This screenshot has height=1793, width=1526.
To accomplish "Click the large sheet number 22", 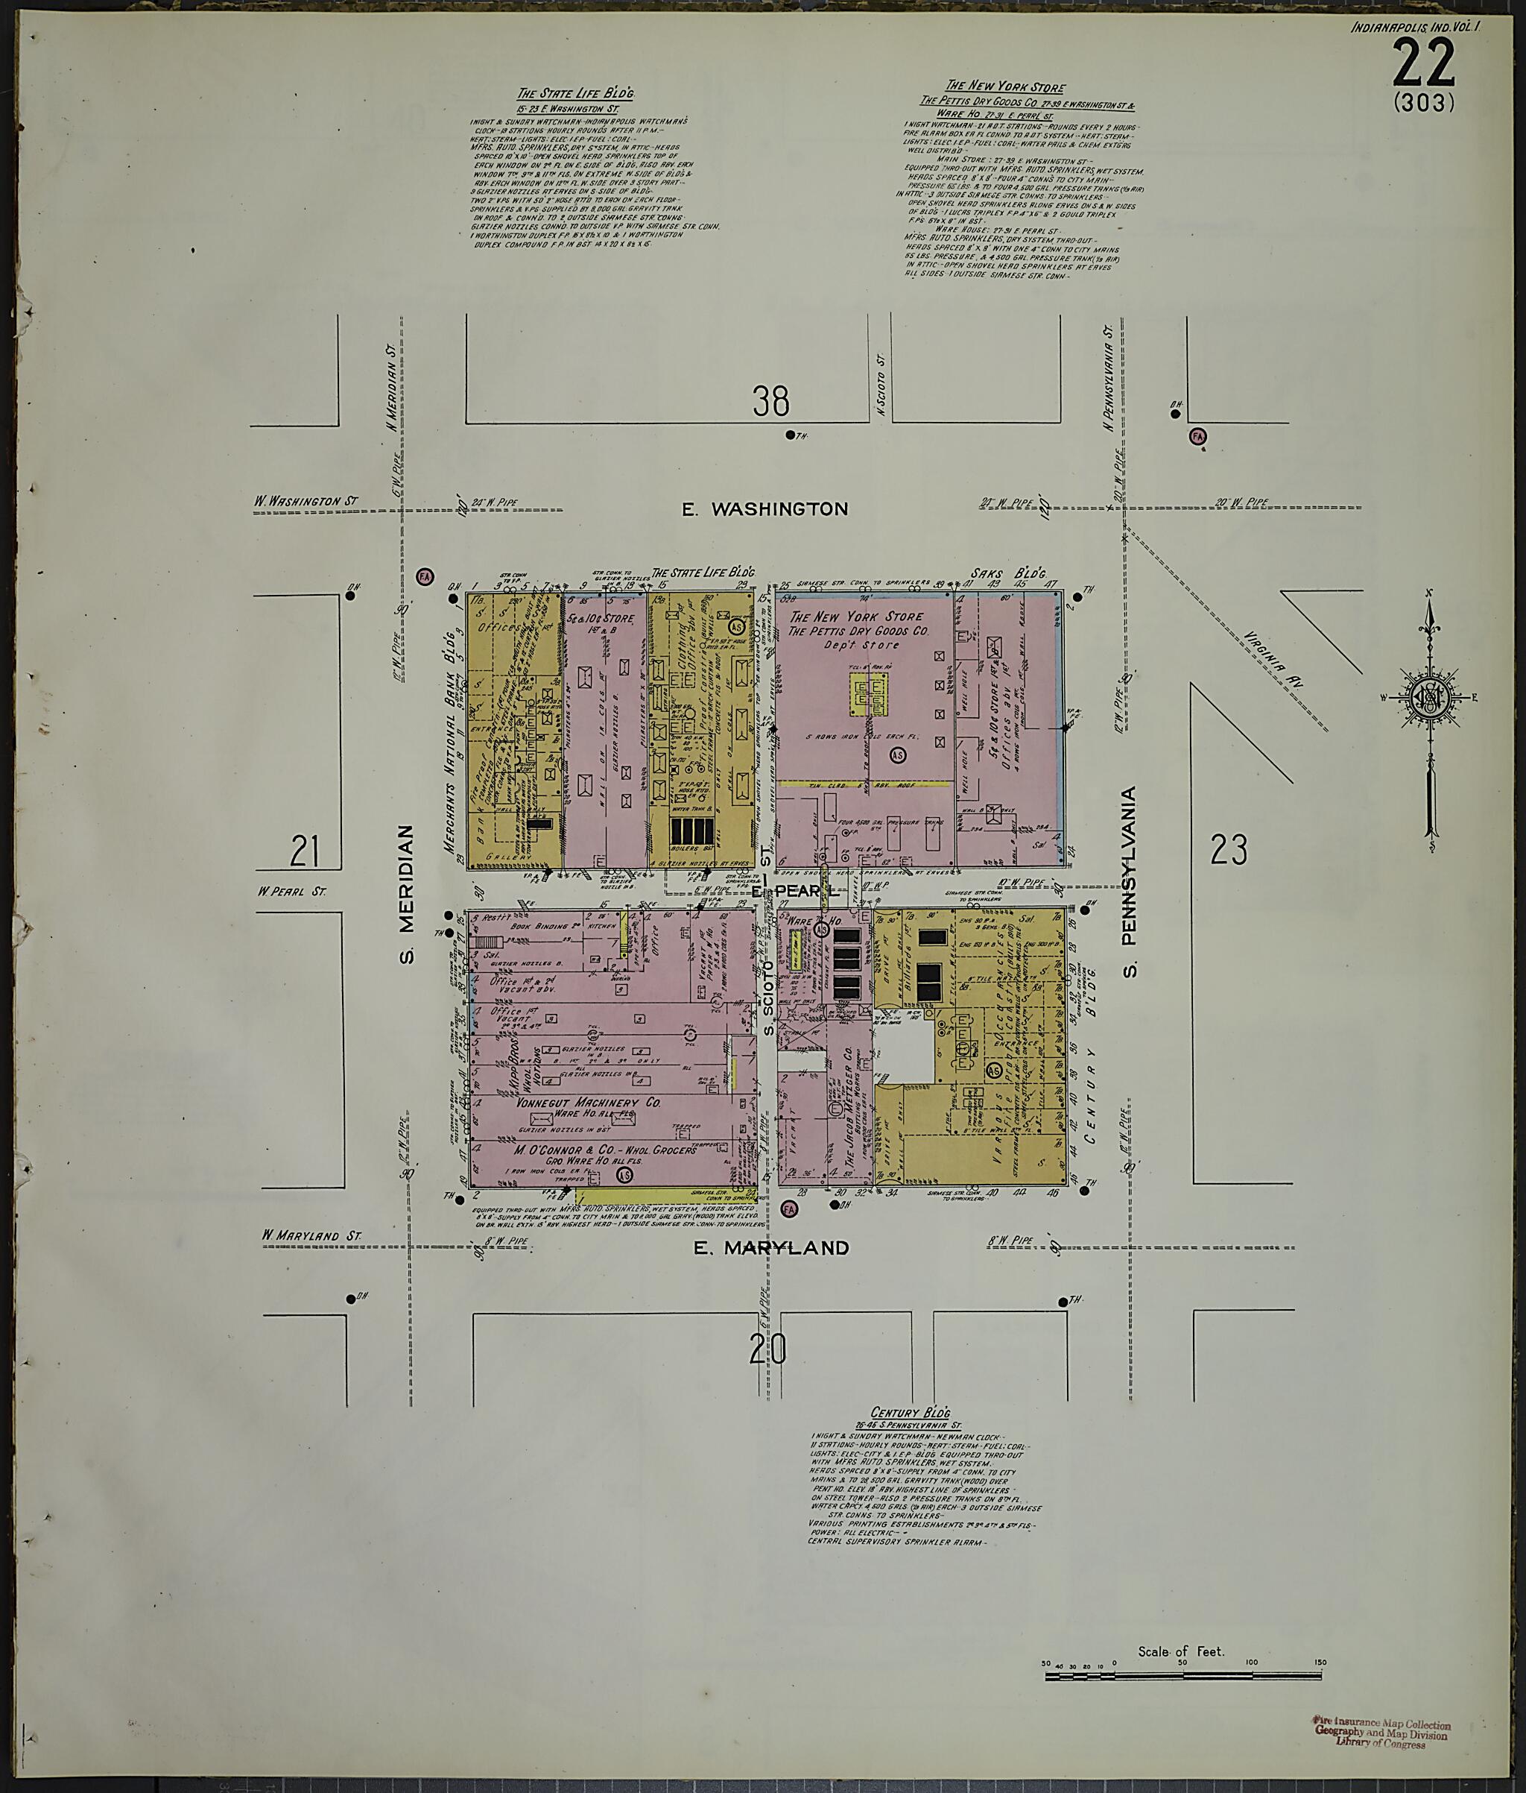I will point(1424,63).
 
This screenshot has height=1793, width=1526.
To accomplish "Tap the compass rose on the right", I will point(1428,696).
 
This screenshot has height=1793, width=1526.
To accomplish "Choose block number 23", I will point(1229,850).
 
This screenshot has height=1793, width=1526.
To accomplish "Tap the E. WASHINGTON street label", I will point(764,508).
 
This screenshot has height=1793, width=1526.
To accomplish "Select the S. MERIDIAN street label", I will point(407,893).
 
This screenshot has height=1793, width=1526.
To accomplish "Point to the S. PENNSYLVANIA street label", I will point(1129,882).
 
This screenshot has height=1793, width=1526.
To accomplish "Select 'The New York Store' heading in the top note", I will point(1004,86).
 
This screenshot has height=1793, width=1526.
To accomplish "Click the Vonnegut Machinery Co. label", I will point(588,1103).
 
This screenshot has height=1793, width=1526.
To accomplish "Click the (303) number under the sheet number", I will point(1424,103).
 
